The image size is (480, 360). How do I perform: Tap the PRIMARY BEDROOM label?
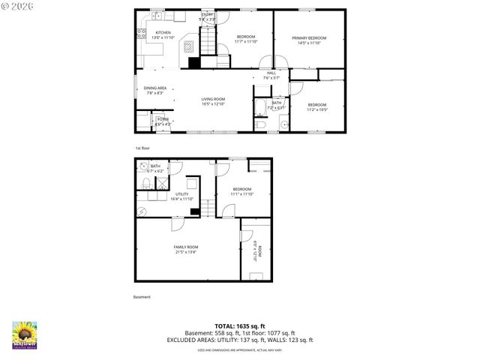click(x=309, y=40)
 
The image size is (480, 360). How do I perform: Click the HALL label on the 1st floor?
click(x=271, y=74)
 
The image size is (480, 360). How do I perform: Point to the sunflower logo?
click(x=25, y=335)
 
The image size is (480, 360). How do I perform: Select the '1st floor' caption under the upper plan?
click(x=142, y=148)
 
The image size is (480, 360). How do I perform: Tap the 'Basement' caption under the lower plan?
click(x=142, y=297)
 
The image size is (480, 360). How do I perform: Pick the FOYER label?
click(x=163, y=121)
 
